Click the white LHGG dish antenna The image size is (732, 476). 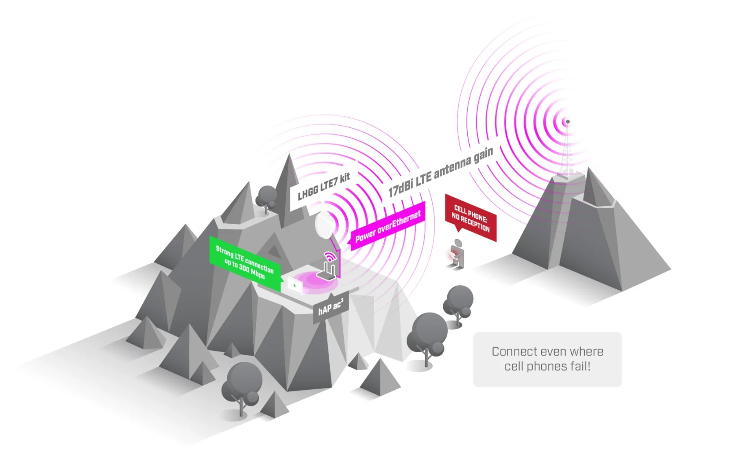pos(326,225)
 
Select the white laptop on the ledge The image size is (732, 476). pos(295,285)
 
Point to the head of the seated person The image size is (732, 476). pos(459,243)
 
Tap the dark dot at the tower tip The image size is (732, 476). pos(568,122)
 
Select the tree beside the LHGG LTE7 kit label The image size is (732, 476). pos(266,197)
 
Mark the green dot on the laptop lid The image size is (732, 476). pos(294,286)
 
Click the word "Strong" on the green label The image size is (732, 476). pos(224,251)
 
